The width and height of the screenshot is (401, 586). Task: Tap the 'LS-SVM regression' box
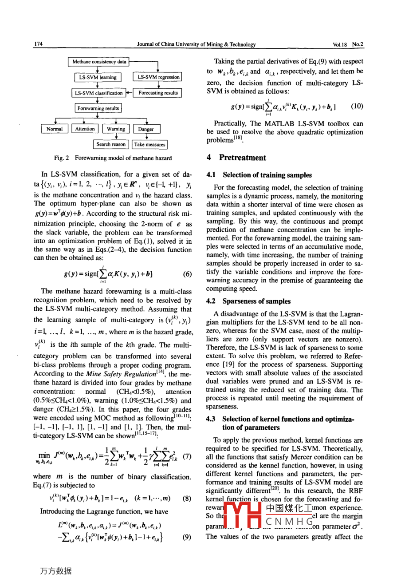158,77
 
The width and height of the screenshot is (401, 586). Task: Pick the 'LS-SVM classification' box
98,93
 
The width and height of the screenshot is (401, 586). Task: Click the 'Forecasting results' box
158,93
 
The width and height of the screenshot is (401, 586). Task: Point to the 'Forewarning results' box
98,108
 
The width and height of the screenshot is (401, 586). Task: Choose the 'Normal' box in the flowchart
55,129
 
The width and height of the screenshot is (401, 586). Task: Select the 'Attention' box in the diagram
85,129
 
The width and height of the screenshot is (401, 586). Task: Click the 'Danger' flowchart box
146,129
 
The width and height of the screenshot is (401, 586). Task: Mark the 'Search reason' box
111,144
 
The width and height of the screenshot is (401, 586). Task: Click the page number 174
38,44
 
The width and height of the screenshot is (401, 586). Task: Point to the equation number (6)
188,274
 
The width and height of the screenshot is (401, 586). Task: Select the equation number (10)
357,106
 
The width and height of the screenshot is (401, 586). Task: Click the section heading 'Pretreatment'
242,158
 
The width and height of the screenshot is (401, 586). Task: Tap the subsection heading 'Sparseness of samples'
256,301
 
